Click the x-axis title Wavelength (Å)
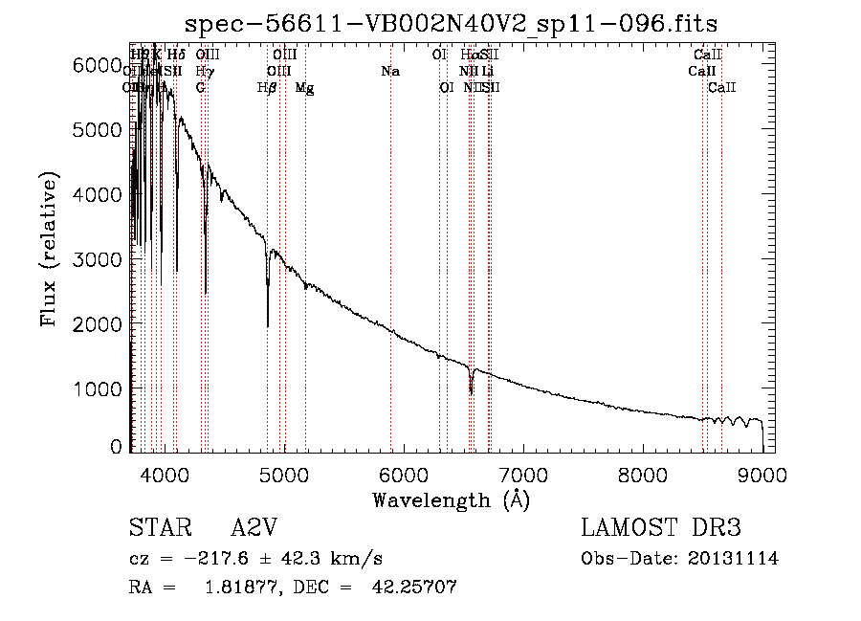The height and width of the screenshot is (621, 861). click(x=451, y=499)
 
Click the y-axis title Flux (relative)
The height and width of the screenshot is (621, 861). click(x=49, y=250)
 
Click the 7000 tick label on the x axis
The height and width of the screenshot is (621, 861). click(x=523, y=474)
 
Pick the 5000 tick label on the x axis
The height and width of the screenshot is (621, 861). click(x=283, y=474)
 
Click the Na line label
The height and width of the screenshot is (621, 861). click(x=390, y=72)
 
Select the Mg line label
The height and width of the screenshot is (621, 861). click(x=304, y=88)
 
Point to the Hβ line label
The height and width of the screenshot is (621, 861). click(x=267, y=88)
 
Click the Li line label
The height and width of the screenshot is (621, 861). click(x=488, y=72)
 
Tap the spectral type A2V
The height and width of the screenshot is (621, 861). click(x=254, y=528)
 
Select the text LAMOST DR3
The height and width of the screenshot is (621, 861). click(x=660, y=528)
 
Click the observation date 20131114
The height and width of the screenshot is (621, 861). click(x=733, y=559)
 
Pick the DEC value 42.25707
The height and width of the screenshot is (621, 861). click(x=413, y=588)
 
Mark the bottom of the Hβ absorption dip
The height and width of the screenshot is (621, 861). click(x=268, y=326)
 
